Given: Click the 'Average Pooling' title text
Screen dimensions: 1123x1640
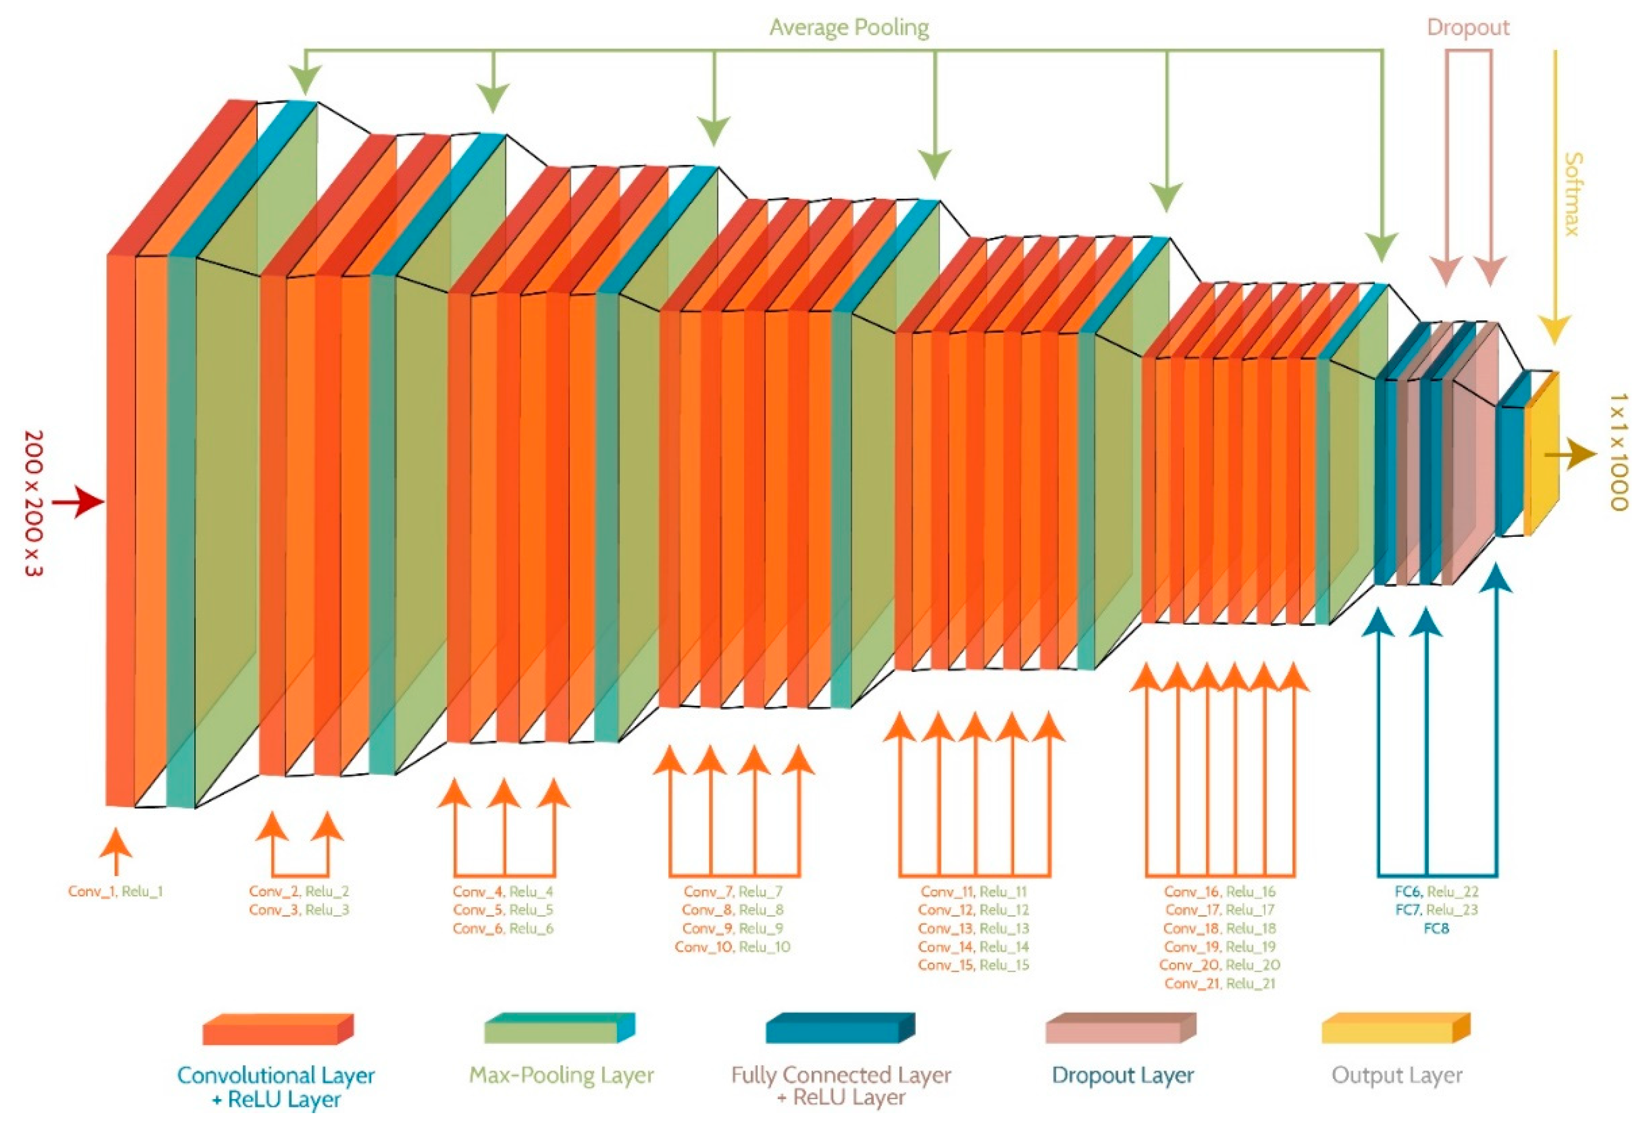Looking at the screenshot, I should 849,28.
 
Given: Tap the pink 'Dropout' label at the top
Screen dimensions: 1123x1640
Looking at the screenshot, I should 1468,28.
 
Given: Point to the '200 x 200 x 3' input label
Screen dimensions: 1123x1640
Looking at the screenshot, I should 33,503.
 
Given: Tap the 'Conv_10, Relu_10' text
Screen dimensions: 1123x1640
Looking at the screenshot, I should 732,947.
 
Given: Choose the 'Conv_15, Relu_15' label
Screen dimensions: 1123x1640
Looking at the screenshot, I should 974,965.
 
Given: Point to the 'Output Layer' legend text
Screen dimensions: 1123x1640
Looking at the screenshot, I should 1397,1075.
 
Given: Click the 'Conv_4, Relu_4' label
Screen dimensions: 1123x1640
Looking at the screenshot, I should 503,892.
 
